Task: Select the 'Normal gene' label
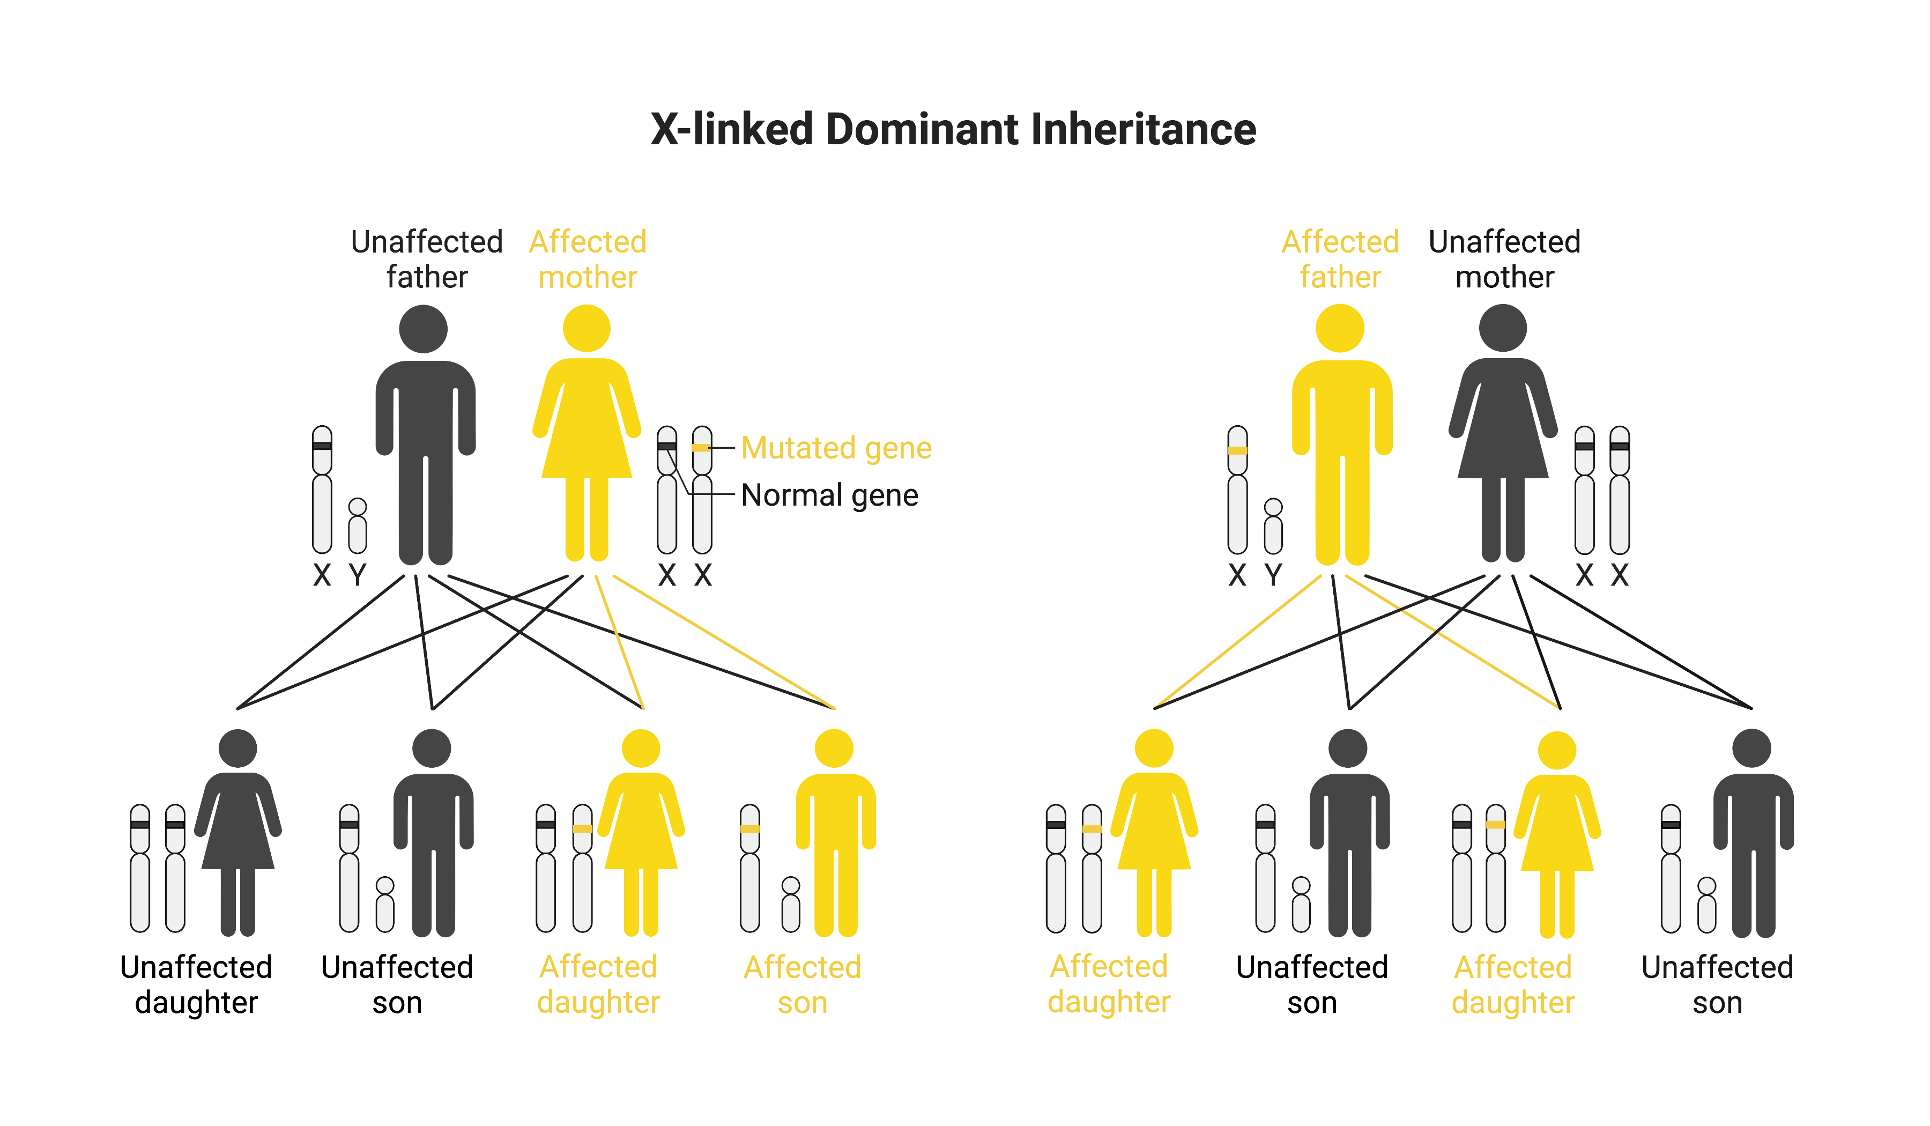829,495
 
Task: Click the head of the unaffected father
423,329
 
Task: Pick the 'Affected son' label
802,984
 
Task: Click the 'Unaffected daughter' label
196,984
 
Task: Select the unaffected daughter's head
237,749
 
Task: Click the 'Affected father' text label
1340,259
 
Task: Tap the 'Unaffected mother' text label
1504,259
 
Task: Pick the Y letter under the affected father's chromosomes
1273,574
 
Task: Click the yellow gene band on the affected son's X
750,829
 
